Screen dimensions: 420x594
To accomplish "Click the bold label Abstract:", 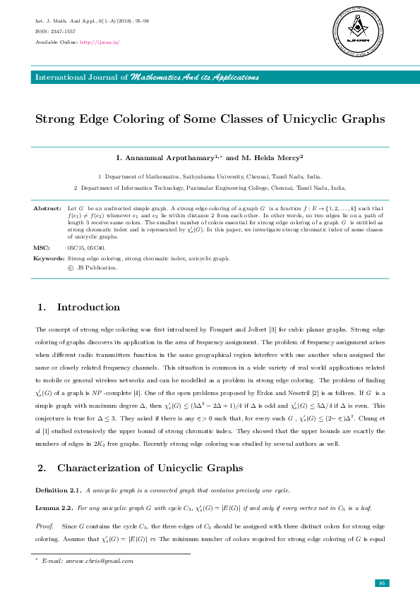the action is [47, 209].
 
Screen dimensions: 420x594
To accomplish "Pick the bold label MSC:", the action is [42, 248].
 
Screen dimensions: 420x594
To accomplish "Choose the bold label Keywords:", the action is [49, 259].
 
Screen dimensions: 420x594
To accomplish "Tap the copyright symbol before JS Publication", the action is [70, 267].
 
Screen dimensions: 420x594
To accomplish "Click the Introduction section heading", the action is [88, 307].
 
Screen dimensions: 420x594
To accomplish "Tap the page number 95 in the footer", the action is [380, 582].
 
